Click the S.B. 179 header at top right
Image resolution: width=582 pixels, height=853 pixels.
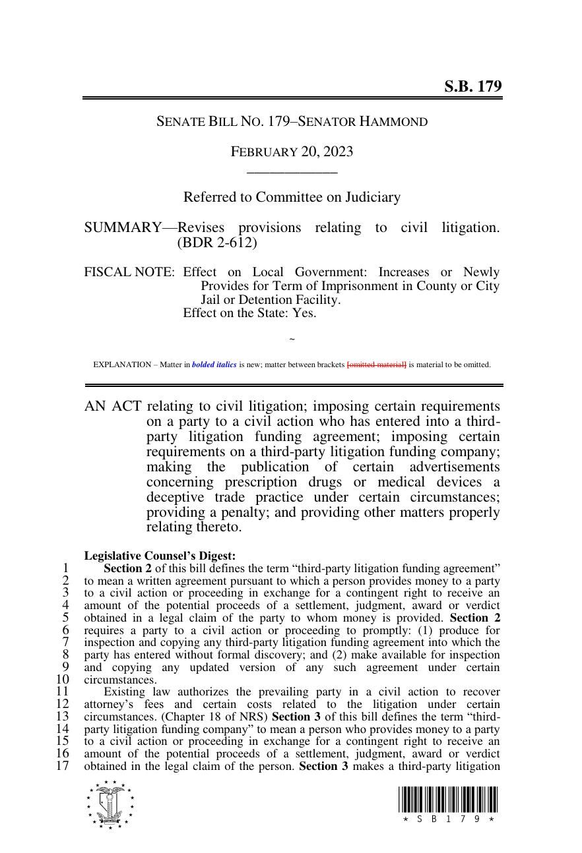(x=472, y=86)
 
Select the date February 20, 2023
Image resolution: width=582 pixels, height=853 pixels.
(x=292, y=152)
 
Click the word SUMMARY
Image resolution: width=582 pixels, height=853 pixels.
(x=122, y=228)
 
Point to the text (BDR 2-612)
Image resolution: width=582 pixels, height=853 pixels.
(x=217, y=243)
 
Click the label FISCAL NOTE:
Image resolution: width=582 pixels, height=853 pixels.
(x=129, y=272)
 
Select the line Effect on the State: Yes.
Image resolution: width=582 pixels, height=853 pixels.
(x=249, y=313)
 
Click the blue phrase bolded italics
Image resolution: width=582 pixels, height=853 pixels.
(x=214, y=365)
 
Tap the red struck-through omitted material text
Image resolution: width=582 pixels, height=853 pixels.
(x=376, y=365)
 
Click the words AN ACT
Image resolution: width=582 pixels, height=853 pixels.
(x=113, y=406)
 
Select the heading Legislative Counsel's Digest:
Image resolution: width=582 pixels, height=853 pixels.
(x=160, y=556)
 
